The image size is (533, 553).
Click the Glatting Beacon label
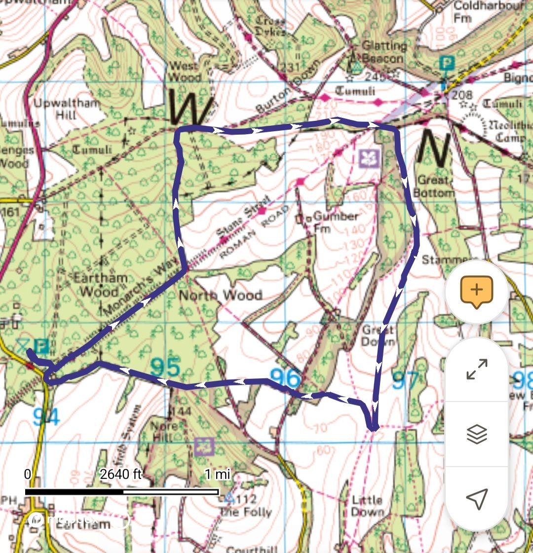pyautogui.click(x=384, y=52)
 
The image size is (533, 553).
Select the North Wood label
pyautogui.click(x=220, y=295)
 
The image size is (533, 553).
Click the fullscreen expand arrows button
pyautogui.click(x=476, y=369)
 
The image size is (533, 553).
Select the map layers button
pyautogui.click(x=476, y=434)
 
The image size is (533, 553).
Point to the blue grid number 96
pyautogui.click(x=285, y=378)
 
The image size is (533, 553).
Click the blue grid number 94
pyautogui.click(x=46, y=417)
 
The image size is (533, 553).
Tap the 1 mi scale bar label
pyautogui.click(x=217, y=475)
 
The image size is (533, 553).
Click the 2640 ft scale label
pyautogui.click(x=120, y=475)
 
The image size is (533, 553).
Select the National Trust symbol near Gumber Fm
pyautogui.click(x=369, y=158)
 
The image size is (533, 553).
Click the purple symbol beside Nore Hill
pyautogui.click(x=204, y=446)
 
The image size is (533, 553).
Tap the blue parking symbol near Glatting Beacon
pyautogui.click(x=446, y=64)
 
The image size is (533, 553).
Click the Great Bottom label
pyautogui.click(x=433, y=186)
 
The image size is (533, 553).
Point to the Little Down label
pyautogui.click(x=367, y=506)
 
